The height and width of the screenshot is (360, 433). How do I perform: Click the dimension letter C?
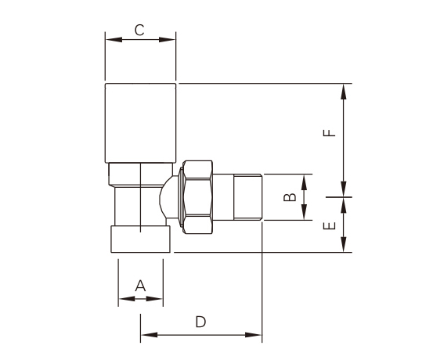pos(139,30)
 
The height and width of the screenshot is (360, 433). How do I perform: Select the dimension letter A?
pos(140,286)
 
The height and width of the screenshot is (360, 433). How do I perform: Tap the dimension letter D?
pos(200,322)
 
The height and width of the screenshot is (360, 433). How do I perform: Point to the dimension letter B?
pos(290,197)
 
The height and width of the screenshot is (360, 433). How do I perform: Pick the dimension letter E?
pos(329,226)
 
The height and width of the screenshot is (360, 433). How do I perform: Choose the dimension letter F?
pos(329,133)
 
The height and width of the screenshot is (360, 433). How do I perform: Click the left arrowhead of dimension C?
pos(114,40)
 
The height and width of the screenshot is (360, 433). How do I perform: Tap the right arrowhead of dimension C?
pos(167,40)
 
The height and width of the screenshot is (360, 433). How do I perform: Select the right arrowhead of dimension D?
pos(253,335)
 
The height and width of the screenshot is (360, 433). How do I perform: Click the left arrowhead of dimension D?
pos(149,335)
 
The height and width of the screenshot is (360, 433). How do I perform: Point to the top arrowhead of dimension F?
pos(344,92)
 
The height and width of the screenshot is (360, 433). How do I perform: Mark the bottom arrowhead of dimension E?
pos(344,244)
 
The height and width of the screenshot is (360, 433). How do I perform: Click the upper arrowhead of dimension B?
pos(304,182)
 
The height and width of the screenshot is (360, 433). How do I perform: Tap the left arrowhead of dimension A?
pos(127,299)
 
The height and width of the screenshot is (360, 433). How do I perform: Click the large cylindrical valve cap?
pos(140,123)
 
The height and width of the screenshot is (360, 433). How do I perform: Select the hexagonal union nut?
pos(198,197)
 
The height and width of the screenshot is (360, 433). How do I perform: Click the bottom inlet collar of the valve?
pos(141,239)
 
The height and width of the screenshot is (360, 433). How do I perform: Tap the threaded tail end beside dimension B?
pos(248,197)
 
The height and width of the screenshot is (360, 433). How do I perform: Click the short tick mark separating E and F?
pos(339,197)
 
